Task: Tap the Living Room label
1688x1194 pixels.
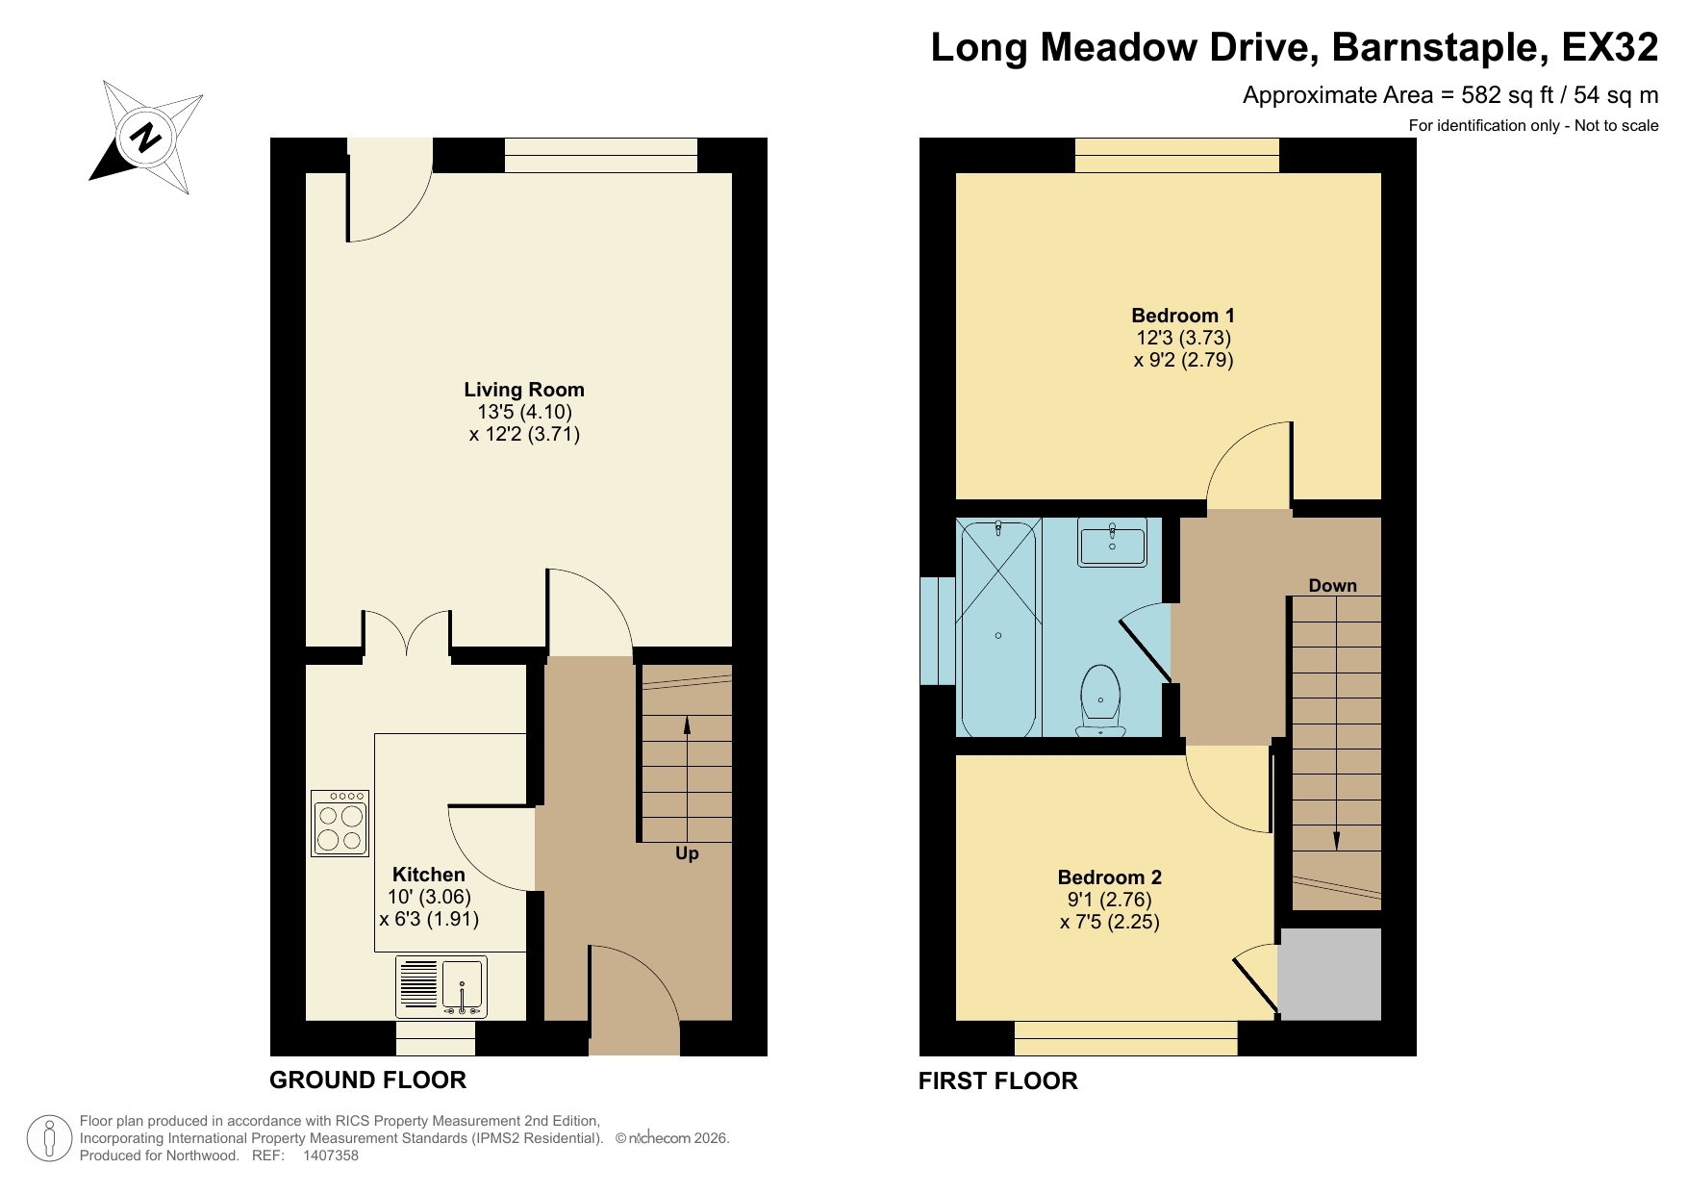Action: pyautogui.click(x=523, y=390)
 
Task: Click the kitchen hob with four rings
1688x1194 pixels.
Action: pyautogui.click(x=340, y=824)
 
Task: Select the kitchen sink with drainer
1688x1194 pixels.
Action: pyautogui.click(x=441, y=986)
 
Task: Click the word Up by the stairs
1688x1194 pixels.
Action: pyautogui.click(x=687, y=853)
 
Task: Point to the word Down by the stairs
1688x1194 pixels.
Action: pyautogui.click(x=1332, y=586)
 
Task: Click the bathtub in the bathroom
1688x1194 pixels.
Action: pyautogui.click(x=998, y=627)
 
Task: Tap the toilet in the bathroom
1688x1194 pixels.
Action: pyautogui.click(x=1100, y=700)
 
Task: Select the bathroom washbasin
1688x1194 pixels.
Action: pyautogui.click(x=1112, y=543)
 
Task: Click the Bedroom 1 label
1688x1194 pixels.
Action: pyautogui.click(x=1182, y=316)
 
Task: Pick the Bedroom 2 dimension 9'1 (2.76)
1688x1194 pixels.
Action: pyautogui.click(x=1109, y=900)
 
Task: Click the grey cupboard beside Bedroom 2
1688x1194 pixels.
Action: pyautogui.click(x=1330, y=974)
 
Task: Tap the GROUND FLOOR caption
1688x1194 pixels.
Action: pyautogui.click(x=367, y=1080)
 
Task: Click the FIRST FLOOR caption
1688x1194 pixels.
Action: pyautogui.click(x=997, y=1081)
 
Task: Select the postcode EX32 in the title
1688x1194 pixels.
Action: pyautogui.click(x=1609, y=47)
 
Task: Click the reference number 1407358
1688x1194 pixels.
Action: pyautogui.click(x=330, y=1156)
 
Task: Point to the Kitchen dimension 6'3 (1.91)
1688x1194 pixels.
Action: pyautogui.click(x=429, y=919)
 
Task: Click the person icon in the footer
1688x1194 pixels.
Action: pyautogui.click(x=48, y=1138)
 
